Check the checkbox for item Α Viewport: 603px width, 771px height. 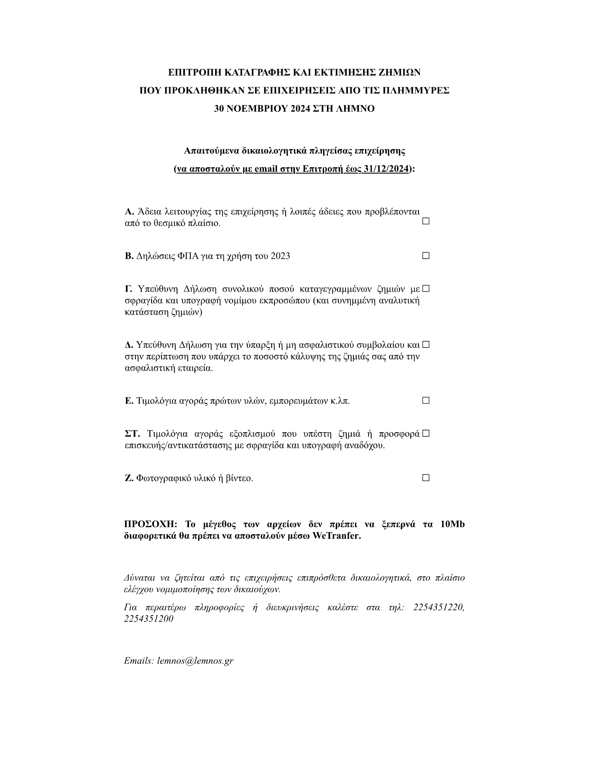point(426,221)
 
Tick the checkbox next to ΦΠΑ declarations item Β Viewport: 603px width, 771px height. point(426,256)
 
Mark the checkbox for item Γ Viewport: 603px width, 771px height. point(426,288)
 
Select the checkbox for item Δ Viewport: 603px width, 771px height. point(426,344)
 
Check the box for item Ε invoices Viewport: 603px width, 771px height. point(426,400)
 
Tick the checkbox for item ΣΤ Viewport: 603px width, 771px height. point(426,433)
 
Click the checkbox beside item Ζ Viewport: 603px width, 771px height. point(426,478)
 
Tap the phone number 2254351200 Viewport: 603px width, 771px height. point(149,619)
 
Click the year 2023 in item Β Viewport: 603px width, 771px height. point(280,256)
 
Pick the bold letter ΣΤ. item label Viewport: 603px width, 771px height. point(132,434)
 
